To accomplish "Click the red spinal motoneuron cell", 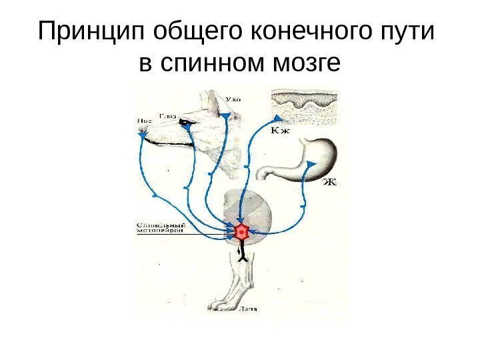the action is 243,232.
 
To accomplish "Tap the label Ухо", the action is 232,99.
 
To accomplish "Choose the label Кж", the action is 281,131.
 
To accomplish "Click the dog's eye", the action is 183,122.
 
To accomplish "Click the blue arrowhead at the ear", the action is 227,117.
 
